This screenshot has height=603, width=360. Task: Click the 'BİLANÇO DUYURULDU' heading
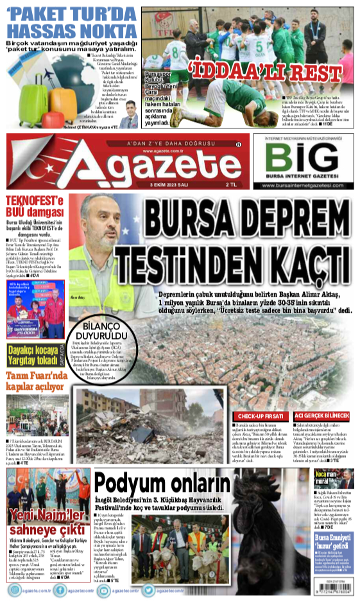point(99,330)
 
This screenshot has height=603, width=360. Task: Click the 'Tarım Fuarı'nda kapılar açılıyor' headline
point(36,380)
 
